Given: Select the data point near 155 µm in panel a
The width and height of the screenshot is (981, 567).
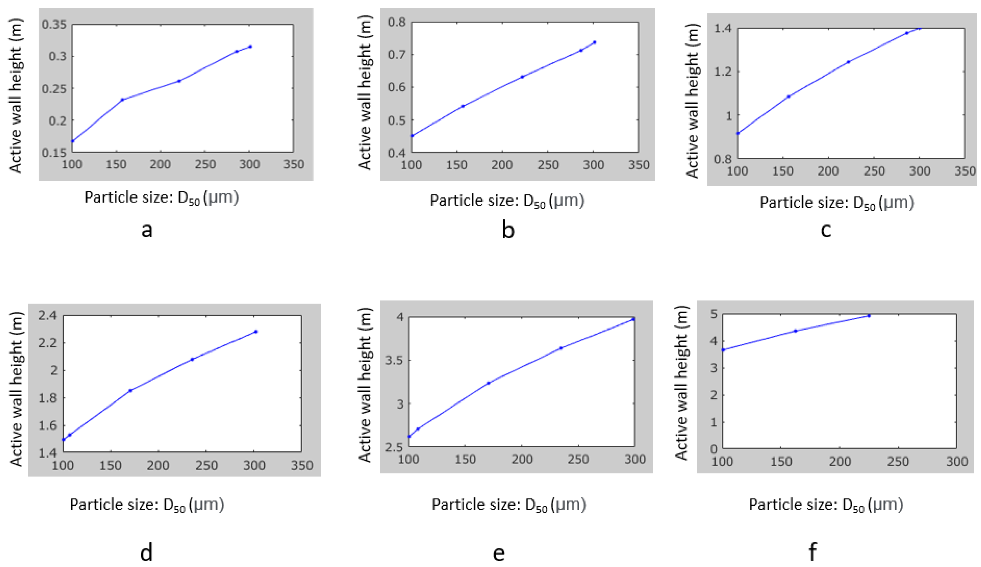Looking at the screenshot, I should coord(122,100).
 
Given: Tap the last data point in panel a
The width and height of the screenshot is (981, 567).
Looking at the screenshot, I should coord(250,47).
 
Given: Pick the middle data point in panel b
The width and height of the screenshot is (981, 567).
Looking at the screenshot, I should coord(522,77).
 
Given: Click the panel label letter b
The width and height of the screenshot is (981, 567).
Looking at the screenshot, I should coord(508,229).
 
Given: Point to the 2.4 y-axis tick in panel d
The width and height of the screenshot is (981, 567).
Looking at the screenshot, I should coord(47,315).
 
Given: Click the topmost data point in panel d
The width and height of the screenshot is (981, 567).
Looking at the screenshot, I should coord(256,331).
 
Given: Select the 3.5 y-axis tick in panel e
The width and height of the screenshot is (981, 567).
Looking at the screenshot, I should coord(394,360).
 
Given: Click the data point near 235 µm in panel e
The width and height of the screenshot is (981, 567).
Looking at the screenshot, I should coord(561,348).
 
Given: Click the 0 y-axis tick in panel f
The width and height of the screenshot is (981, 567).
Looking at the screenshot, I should coord(714,449).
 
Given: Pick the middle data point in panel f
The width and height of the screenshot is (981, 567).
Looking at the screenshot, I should coord(795,331).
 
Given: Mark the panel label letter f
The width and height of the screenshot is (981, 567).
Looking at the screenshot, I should coord(813,552).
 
